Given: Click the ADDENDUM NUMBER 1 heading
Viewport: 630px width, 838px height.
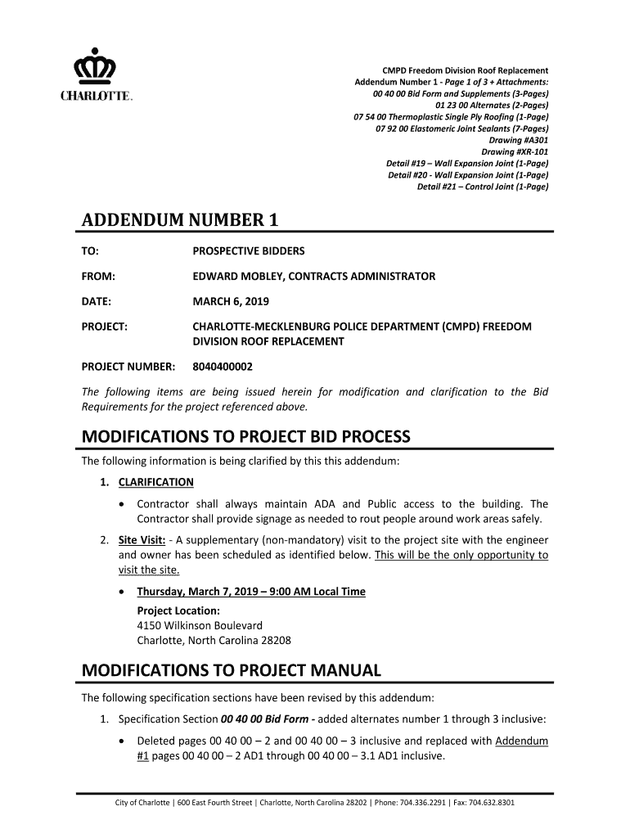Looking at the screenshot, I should (180, 220).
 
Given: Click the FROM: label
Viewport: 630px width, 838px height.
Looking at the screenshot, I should (97, 277).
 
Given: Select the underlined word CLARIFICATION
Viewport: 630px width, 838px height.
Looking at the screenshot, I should (156, 482).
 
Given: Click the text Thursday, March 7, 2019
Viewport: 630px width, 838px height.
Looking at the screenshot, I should (204, 592).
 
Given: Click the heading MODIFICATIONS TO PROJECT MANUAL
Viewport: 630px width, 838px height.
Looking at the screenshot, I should (232, 671).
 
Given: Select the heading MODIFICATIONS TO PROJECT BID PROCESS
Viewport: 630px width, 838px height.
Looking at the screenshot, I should (245, 436).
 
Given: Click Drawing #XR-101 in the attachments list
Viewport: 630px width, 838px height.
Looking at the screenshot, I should (515, 151).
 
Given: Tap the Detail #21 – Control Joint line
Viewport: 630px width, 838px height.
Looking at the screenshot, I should (482, 187).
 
